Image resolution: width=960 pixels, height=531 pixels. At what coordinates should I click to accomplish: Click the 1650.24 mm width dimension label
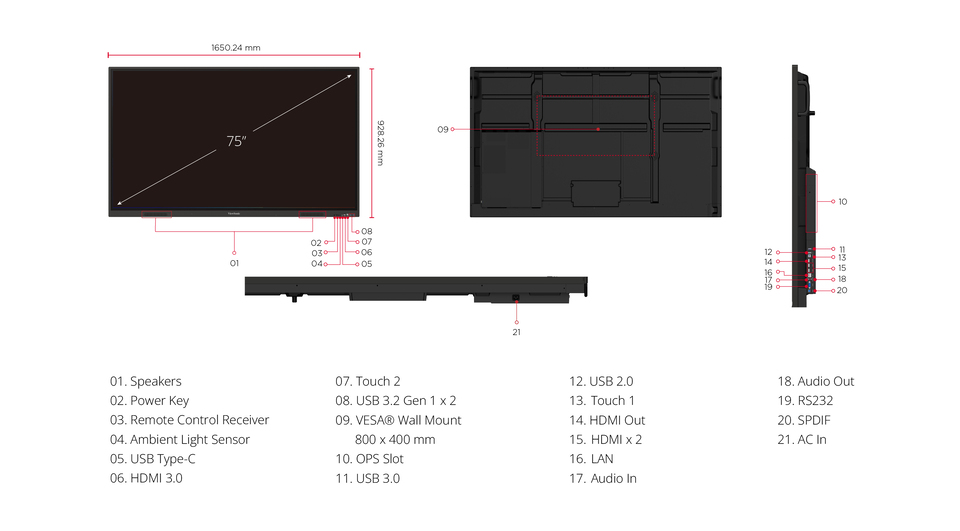[x=236, y=47]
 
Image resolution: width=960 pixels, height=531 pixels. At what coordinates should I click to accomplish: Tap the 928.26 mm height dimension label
[x=380, y=143]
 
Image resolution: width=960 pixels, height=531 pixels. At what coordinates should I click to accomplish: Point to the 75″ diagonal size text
[x=236, y=141]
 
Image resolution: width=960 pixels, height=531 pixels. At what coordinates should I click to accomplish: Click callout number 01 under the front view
[x=234, y=263]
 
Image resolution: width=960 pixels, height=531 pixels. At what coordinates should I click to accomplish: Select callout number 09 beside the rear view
[x=443, y=129]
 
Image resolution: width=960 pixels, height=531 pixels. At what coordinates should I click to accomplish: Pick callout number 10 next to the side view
[x=842, y=201]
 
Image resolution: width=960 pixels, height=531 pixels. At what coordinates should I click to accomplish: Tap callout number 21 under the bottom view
[x=517, y=332]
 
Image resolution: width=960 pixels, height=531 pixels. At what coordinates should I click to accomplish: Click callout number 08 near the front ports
[x=367, y=232]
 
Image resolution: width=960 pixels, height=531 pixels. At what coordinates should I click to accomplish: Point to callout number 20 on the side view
[x=842, y=290]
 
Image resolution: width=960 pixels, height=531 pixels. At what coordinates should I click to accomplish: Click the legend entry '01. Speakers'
[x=146, y=381]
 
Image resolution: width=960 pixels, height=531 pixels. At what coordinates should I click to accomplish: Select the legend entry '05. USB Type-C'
[x=152, y=459]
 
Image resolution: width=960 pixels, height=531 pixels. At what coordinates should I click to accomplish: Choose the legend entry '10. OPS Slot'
[x=369, y=459]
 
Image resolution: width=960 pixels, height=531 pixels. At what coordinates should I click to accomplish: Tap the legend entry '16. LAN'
[x=591, y=459]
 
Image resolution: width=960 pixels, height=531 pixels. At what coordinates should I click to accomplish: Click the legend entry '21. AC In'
[x=802, y=439]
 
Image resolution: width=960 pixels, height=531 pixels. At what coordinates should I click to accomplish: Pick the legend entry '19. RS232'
[x=805, y=401]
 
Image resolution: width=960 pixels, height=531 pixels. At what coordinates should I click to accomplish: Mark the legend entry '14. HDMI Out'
[x=607, y=420]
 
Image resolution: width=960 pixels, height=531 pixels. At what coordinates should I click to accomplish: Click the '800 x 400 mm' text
[x=395, y=439]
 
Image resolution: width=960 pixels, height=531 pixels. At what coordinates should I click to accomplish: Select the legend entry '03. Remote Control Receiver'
[x=189, y=420]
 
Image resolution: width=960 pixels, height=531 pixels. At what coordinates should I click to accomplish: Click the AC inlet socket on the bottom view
[x=516, y=298]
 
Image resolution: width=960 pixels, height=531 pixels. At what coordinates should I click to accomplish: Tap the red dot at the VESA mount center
[x=598, y=129]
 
